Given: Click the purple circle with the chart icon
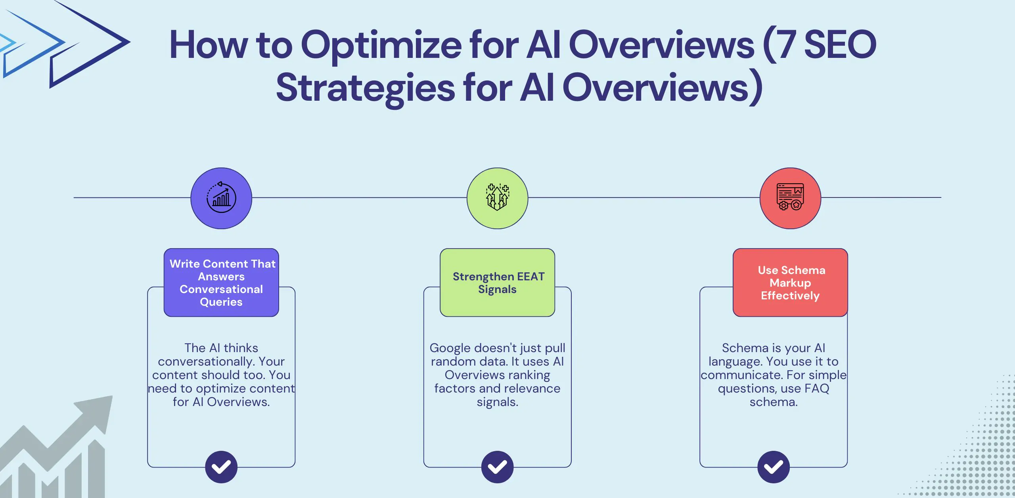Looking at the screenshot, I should coord(221,198).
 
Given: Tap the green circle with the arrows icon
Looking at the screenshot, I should coord(497,198).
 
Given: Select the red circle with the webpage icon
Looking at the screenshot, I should coord(790,198).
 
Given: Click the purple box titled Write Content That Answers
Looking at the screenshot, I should coord(221,282).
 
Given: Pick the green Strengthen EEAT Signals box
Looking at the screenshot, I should coord(497,282).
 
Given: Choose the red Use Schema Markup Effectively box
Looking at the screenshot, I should coord(790,282).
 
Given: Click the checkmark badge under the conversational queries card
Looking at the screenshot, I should coord(221,467).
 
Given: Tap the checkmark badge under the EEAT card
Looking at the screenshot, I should coord(497,467).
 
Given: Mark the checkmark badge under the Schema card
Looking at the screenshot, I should coord(773,467).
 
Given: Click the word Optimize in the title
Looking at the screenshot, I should coord(381,46).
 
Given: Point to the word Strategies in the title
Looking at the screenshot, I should coord(365,88).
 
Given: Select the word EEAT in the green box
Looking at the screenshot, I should coord(531,276).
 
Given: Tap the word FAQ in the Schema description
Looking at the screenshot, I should coord(817,389).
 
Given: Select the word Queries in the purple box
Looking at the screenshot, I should coord(221,302).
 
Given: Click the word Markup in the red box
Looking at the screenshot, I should coord(790,283).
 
